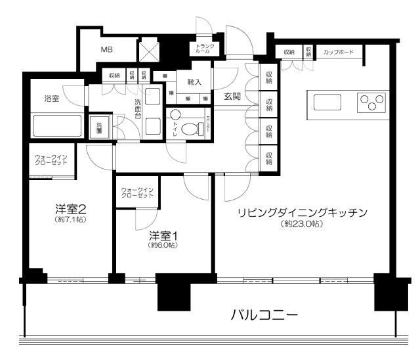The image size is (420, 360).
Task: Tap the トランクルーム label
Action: pyautogui.click(x=202, y=49)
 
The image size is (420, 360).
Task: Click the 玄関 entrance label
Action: pyautogui.click(x=232, y=97)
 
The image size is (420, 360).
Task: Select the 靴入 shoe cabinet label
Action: pyautogui.click(x=194, y=82)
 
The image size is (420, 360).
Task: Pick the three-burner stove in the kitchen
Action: pyautogui.click(x=371, y=102)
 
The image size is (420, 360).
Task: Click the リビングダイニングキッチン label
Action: pyautogui.click(x=301, y=212)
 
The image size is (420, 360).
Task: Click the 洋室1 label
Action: pyautogui.click(x=162, y=235)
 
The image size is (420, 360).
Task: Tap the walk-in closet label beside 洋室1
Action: pyautogui.click(x=137, y=193)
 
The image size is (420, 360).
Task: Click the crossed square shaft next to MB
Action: pyautogui.click(x=148, y=49)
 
